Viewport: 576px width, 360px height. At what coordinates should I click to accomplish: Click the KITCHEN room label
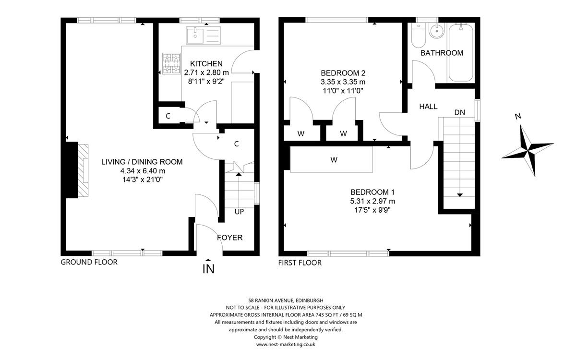click(x=206, y=63)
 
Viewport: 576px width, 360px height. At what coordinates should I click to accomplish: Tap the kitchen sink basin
click(x=195, y=36)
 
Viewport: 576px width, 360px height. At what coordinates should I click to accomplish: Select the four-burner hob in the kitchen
click(x=171, y=63)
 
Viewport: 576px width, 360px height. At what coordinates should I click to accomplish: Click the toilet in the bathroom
click(x=419, y=36)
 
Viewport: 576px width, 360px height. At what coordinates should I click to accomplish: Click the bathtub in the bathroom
click(x=461, y=53)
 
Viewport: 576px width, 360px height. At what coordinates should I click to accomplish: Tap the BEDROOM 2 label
click(x=343, y=73)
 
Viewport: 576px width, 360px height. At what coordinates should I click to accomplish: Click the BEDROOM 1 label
click(x=372, y=192)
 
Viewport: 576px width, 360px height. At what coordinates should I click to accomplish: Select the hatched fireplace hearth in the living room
click(x=84, y=170)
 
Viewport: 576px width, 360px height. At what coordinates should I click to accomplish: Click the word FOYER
click(x=229, y=238)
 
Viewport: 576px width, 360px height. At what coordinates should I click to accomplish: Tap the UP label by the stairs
click(x=239, y=212)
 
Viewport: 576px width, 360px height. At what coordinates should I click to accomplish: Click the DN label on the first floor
click(x=460, y=112)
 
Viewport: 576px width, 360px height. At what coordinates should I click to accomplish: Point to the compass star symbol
click(x=527, y=151)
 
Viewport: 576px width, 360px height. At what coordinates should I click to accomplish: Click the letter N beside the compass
click(x=518, y=116)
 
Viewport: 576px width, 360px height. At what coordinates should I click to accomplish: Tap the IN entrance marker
click(x=208, y=267)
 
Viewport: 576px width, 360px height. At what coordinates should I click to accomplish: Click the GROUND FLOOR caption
click(x=89, y=262)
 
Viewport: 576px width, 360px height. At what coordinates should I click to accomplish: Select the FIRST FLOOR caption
click(x=300, y=263)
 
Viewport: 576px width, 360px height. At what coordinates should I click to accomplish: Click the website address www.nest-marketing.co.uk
click(x=286, y=344)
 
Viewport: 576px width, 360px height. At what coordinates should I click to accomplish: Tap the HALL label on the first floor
click(x=428, y=107)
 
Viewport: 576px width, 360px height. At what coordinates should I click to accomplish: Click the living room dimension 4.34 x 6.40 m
click(x=143, y=171)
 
